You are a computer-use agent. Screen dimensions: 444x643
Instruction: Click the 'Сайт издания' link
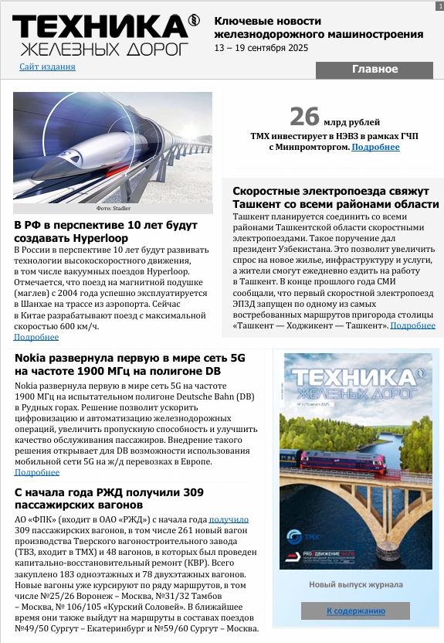[47, 66]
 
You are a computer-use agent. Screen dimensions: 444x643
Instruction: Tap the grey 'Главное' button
[375, 70]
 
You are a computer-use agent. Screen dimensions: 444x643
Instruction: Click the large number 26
[304, 117]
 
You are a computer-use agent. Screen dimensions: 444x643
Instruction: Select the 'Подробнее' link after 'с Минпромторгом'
[375, 147]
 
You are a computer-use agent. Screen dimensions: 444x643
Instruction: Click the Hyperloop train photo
[113, 147]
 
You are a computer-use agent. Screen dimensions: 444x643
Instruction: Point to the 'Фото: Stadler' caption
[113, 209]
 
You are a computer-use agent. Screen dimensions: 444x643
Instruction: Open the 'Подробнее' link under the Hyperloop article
[36, 337]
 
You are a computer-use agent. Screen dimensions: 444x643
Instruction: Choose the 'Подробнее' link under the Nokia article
[36, 472]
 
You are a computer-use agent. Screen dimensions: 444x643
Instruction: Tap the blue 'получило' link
[229, 520]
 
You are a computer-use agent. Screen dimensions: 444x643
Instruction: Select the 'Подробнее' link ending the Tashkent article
[413, 325]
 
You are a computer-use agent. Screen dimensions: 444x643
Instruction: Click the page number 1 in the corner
[439, 5]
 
